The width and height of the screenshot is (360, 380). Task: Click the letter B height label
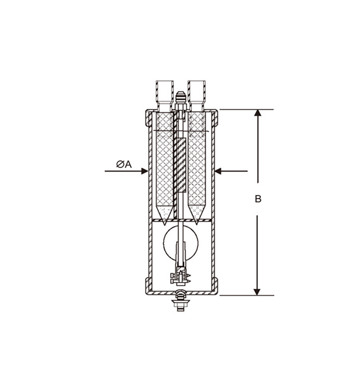tap(258, 199)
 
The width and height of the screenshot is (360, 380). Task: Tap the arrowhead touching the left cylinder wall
tap(145, 171)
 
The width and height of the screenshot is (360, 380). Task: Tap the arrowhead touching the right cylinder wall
tap(218, 171)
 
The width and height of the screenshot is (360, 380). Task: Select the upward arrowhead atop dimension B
tap(257, 113)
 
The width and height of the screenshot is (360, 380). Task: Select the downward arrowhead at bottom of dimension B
tap(257, 291)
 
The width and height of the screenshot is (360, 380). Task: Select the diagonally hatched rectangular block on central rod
tap(181, 165)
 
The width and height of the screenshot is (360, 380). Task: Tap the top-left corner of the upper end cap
tap(147, 111)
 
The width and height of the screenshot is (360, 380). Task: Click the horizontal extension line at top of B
tap(246, 109)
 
